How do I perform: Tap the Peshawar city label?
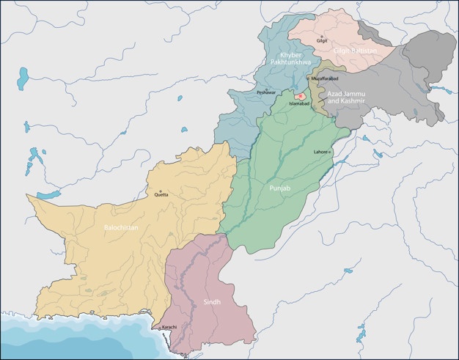click(x=267, y=92)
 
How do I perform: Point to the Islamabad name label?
click(x=300, y=104)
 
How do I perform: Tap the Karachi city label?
click(x=169, y=326)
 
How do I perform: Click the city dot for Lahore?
click(x=331, y=152)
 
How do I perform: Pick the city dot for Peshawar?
click(x=267, y=87)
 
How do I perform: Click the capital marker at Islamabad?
click(x=300, y=96)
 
